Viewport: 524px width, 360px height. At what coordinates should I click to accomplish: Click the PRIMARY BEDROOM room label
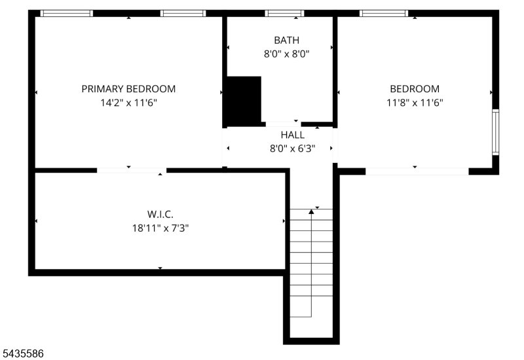click(x=128, y=89)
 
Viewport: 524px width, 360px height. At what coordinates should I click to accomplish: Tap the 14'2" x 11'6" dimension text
click(x=128, y=103)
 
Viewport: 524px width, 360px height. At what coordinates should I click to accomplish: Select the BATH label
click(x=287, y=40)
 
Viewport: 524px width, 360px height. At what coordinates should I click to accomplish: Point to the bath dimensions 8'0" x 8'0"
click(x=287, y=54)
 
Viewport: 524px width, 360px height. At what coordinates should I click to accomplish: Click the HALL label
click(x=292, y=135)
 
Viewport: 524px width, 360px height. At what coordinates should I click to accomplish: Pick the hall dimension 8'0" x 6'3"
click(x=292, y=149)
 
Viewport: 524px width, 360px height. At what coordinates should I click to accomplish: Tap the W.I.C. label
click(x=160, y=214)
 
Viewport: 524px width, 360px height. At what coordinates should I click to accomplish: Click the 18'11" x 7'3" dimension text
click(x=160, y=228)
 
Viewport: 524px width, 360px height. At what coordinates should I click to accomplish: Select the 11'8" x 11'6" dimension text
click(x=415, y=103)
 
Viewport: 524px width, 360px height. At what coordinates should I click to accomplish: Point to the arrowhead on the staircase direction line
click(x=312, y=211)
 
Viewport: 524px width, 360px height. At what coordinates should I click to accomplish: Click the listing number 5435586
click(x=23, y=353)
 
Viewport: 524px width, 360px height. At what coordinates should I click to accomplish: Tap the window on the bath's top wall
click(x=285, y=13)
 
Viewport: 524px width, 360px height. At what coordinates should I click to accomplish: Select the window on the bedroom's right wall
click(x=496, y=132)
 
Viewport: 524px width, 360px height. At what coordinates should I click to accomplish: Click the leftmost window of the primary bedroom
click(x=67, y=13)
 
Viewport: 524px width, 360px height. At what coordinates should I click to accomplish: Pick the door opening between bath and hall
click(x=284, y=124)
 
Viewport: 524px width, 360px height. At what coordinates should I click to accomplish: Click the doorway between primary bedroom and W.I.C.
click(x=132, y=170)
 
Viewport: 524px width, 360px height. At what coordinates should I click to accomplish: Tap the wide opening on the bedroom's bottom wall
click(x=417, y=171)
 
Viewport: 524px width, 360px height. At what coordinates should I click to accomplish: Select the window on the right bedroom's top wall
click(x=384, y=13)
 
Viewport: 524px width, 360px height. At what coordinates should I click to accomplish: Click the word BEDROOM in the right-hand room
click(x=415, y=89)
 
